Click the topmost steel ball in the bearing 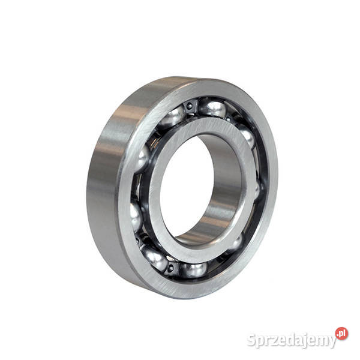[x=212, y=108]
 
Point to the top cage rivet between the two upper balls [x=190, y=106]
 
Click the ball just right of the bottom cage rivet [x=193, y=270]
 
